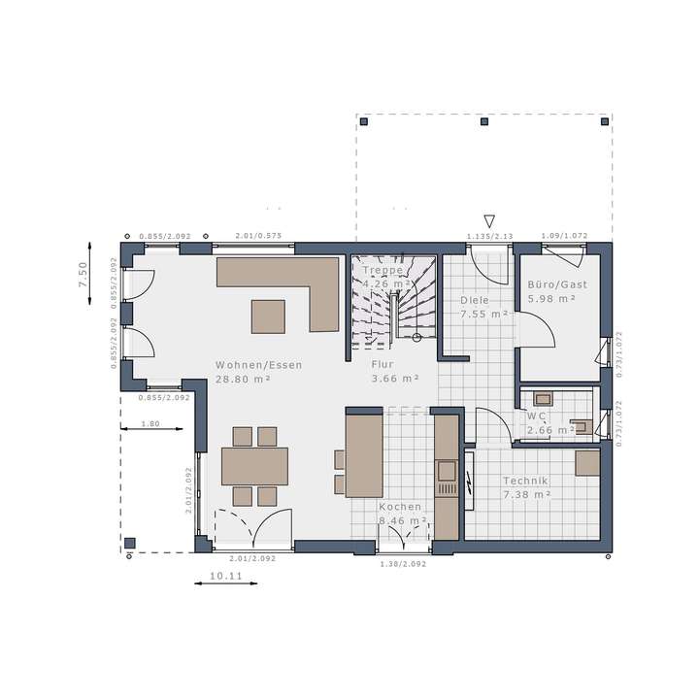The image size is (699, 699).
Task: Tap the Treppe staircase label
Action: [x=383, y=271]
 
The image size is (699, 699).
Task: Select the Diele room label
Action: [x=474, y=300]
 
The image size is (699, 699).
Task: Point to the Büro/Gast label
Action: [x=551, y=284]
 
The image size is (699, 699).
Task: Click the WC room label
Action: [x=535, y=416]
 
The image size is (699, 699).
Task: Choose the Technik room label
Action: [x=525, y=481]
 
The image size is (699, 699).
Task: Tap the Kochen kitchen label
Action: [x=400, y=507]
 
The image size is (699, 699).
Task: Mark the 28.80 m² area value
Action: [x=243, y=379]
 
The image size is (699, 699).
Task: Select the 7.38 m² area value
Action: [x=527, y=494]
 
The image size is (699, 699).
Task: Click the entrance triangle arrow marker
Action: [x=489, y=221]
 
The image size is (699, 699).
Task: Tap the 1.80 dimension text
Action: [x=150, y=423]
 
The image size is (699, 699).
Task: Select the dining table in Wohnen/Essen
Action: [x=254, y=466]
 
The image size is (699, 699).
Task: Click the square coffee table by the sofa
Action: [x=268, y=316]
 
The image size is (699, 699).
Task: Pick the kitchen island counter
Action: [x=363, y=450]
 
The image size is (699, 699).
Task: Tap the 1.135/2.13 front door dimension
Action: [x=489, y=236]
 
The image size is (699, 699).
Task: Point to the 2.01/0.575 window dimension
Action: [x=258, y=236]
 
